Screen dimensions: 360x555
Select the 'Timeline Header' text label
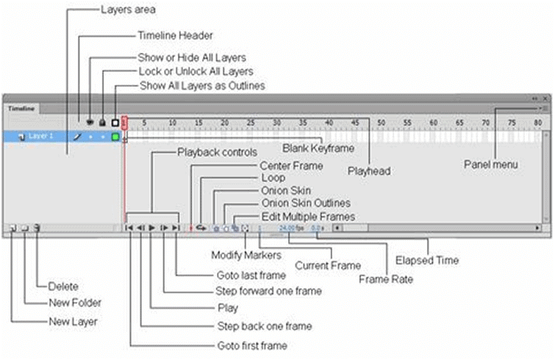pyautogui.click(x=176, y=35)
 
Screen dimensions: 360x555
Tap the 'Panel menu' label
pyautogui.click(x=491, y=165)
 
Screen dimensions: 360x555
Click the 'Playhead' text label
pyautogui.click(x=368, y=171)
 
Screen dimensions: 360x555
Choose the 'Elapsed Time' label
pyautogui.click(x=426, y=259)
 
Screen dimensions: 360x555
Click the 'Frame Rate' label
pyautogui.click(x=386, y=278)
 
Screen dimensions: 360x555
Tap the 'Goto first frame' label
pyautogui.click(x=251, y=345)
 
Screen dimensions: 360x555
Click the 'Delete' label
pyautogui.click(x=64, y=287)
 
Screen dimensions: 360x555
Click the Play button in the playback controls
pyautogui.click(x=152, y=228)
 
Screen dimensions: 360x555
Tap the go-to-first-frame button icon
pyautogui.click(x=129, y=228)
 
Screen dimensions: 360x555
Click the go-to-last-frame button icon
pyautogui.click(x=176, y=228)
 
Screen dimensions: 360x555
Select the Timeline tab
pyautogui.click(x=21, y=107)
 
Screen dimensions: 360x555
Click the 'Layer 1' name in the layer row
pyautogui.click(x=41, y=137)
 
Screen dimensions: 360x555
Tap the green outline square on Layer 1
pyautogui.click(x=115, y=137)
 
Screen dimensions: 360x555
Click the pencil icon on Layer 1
pyautogui.click(x=75, y=137)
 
